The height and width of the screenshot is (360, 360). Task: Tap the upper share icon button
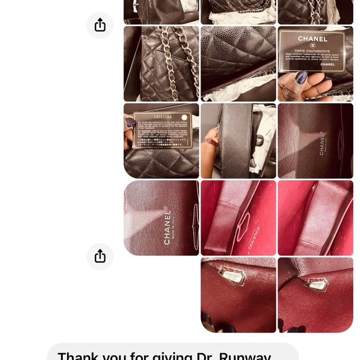tap(100, 25)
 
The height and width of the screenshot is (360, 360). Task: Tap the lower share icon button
tap(100, 256)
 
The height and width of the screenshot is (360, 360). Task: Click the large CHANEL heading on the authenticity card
tap(312, 39)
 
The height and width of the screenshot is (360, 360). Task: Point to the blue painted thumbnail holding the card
tap(300, 78)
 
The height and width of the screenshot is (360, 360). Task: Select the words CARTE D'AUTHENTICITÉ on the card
tap(312, 50)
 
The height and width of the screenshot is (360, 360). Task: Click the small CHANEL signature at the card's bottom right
tap(327, 64)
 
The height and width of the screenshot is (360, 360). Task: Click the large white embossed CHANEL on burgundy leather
tap(168, 225)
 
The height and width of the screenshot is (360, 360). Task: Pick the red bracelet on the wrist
tap(212, 142)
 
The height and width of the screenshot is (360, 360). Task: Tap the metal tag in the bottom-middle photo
tap(232, 275)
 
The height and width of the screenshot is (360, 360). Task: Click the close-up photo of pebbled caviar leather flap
tap(238, 63)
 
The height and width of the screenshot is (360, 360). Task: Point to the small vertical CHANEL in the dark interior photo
tap(322, 144)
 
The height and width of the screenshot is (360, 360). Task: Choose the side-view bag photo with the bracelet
tap(238, 141)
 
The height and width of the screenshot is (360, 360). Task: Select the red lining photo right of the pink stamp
tap(315, 217)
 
